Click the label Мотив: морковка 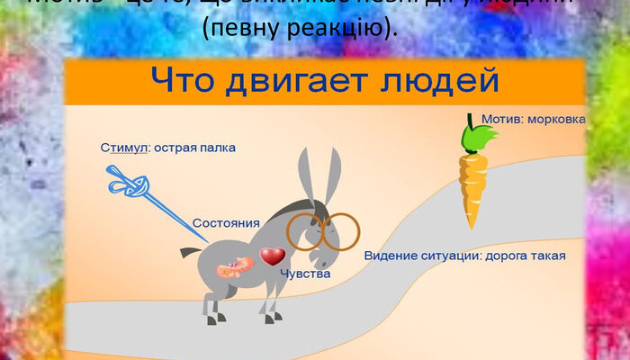[x=533, y=119]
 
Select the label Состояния [x=226, y=222]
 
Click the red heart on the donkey [x=272, y=257]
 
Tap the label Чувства [x=305, y=273]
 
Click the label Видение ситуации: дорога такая [x=464, y=256]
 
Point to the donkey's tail [x=191, y=252]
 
